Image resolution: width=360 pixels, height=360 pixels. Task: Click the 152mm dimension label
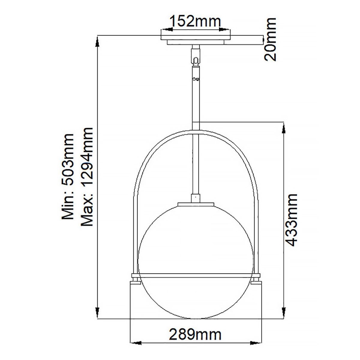click(195, 21)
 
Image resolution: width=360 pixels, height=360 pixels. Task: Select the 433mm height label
click(293, 220)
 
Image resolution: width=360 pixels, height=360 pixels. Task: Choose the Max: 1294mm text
click(88, 176)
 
